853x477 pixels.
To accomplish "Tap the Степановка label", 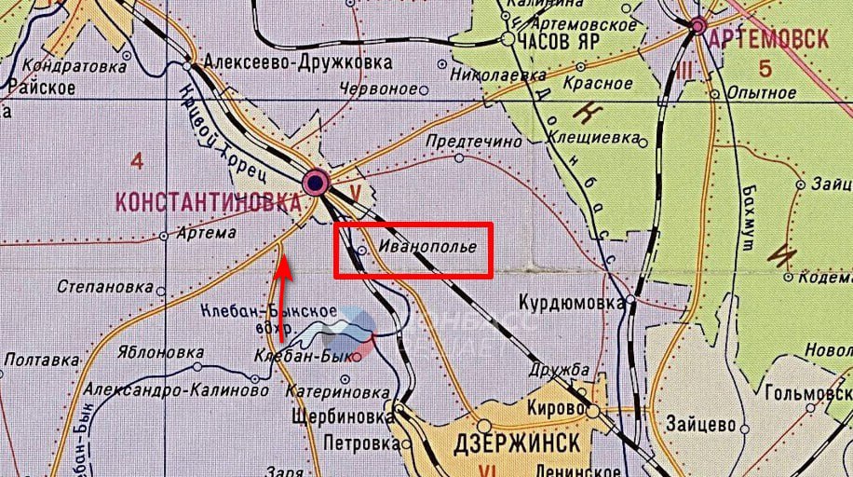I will coord(104,287).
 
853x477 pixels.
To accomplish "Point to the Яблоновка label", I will coord(161,353).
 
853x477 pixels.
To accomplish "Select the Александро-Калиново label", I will coord(177,391).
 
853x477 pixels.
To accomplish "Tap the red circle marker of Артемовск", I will coord(697,27).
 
